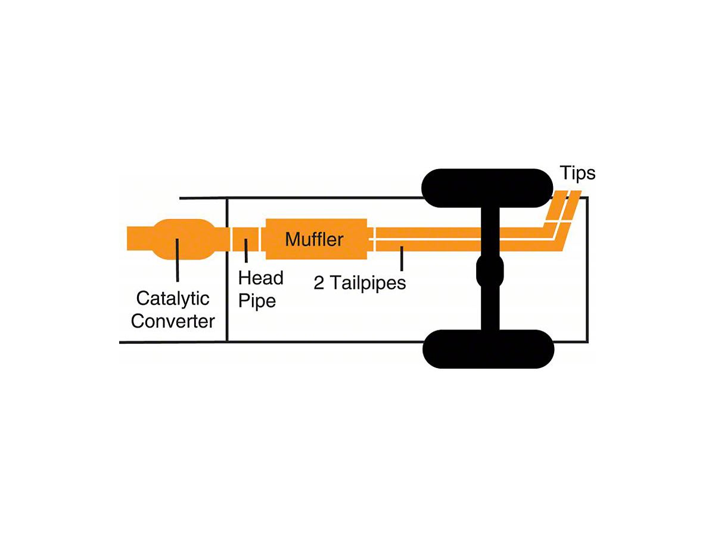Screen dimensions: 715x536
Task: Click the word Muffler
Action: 314,239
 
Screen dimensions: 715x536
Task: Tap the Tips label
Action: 577,173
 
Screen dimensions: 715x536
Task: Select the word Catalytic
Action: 173,298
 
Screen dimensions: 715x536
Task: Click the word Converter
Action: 173,321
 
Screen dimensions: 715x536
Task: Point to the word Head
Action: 260,278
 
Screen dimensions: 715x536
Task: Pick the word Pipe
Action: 257,301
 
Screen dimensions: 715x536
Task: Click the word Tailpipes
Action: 368,282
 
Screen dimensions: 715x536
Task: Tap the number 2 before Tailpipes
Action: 319,282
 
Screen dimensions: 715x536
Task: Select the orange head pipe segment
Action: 245,239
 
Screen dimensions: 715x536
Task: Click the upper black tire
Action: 487,188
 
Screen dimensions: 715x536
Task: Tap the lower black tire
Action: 488,349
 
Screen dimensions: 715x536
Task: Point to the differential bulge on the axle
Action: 490,271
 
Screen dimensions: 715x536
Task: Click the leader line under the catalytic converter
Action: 177,260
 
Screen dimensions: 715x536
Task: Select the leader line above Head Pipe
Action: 246,251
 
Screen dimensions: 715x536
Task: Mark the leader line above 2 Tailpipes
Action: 402,258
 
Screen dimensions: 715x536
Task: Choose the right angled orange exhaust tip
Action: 572,205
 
